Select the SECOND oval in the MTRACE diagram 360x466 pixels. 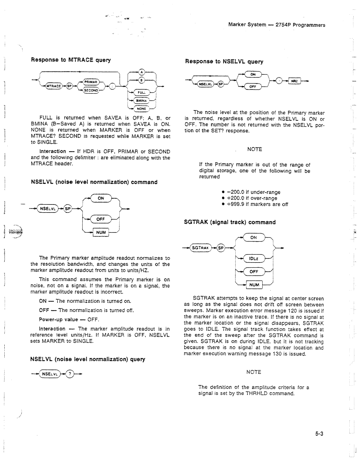(x=91, y=90)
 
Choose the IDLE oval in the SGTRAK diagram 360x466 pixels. (x=254, y=259)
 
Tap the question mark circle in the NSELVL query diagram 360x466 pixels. (x=70, y=374)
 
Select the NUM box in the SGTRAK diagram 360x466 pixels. (x=254, y=285)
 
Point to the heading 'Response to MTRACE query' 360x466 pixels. (x=71, y=60)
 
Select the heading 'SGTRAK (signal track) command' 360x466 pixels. (x=230, y=222)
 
